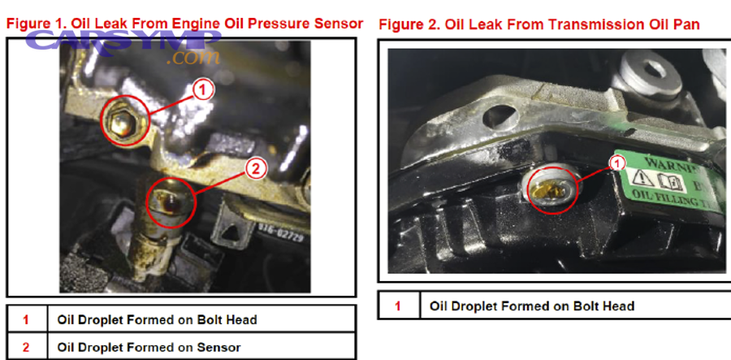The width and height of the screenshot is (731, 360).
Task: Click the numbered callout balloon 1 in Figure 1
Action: pos(204,89)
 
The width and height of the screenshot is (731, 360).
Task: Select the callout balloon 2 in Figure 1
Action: pos(254,169)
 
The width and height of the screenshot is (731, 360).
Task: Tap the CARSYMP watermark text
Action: pos(122,40)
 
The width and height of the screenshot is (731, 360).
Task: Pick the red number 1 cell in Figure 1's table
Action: pos(25,319)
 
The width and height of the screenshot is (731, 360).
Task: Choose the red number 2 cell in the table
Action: pos(25,347)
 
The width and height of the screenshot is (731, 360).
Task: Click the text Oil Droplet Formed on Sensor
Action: pos(149,347)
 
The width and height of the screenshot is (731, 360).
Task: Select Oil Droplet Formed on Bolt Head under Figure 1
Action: pos(157,319)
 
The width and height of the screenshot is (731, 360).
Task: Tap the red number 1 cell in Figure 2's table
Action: pos(397,306)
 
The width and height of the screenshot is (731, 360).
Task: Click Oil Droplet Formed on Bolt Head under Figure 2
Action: pos(532,306)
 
